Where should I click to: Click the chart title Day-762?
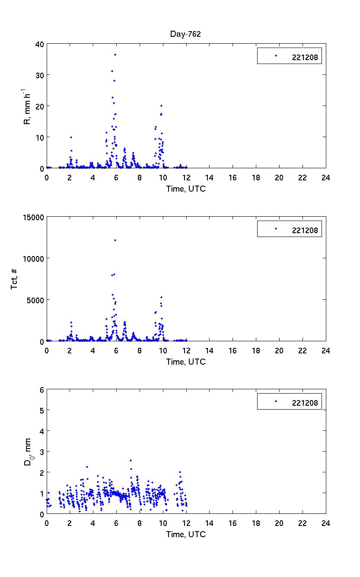(186, 34)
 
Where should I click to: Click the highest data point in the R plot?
(115, 54)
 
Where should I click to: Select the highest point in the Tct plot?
(115, 240)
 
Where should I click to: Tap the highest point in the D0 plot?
(131, 460)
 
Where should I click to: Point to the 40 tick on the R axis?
(39, 44)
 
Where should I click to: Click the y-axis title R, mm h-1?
(27, 106)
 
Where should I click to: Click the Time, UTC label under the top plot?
(186, 189)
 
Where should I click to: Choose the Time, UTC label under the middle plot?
(186, 362)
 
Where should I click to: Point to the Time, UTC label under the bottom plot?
(186, 534)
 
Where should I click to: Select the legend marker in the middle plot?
(276, 228)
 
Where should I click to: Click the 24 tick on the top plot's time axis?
(325, 177)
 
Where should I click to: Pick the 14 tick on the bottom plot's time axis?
(209, 523)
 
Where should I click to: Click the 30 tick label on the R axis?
(39, 75)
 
